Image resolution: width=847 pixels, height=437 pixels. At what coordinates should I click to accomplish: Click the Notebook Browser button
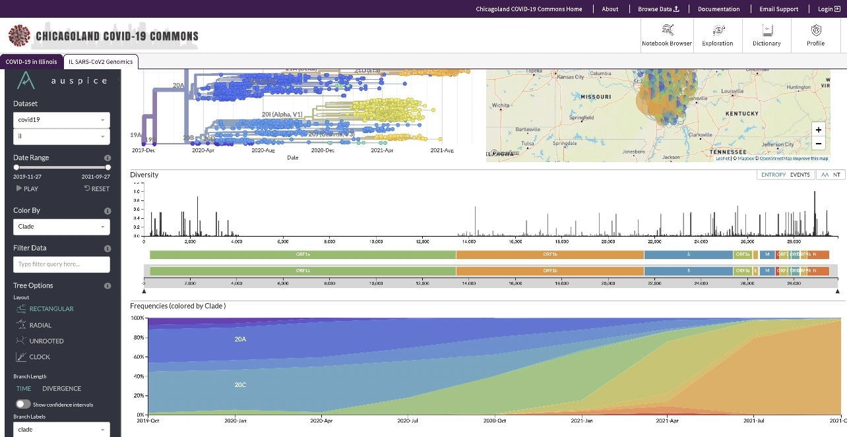667,35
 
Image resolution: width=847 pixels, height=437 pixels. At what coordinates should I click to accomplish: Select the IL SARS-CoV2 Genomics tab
101,61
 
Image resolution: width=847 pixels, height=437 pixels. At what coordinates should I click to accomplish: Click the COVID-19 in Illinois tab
31,61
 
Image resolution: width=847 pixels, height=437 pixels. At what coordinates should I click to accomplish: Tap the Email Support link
778,9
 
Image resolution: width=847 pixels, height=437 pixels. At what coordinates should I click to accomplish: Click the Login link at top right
829,9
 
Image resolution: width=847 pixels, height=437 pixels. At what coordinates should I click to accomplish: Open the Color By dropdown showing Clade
61,227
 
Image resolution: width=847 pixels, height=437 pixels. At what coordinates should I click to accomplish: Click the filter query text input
61,264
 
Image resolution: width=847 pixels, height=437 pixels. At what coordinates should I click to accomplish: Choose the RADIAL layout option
40,325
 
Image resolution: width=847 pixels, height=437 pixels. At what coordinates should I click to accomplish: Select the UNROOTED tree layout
46,341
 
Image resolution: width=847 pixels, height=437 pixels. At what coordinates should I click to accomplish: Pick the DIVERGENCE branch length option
61,388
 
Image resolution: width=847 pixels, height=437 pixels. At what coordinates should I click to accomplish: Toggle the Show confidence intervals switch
23,404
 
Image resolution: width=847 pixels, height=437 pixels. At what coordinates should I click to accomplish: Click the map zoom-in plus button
818,130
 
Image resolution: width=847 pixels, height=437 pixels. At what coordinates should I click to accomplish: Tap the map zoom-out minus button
818,143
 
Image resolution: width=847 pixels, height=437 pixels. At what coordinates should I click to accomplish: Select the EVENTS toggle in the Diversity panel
800,175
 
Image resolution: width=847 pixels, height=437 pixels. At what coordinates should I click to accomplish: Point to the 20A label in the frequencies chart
240,339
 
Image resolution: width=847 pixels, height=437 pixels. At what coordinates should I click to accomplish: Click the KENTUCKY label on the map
742,113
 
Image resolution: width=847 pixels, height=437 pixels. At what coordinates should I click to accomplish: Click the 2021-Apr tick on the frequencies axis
668,421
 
